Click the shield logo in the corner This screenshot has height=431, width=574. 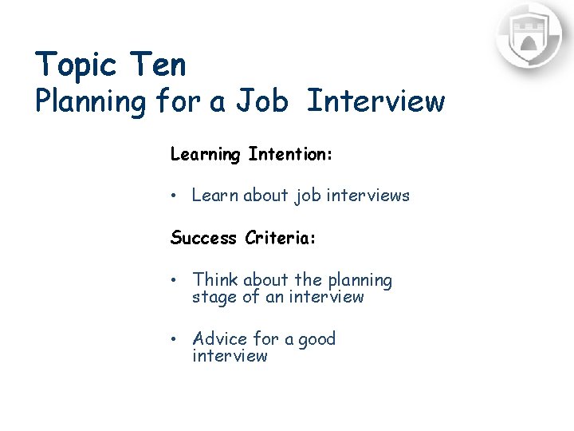[x=529, y=37]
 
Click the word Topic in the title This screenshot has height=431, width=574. [x=77, y=65]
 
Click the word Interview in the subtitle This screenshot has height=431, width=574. [x=375, y=101]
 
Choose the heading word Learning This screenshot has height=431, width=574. [x=205, y=154]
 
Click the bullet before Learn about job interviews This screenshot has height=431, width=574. [x=175, y=196]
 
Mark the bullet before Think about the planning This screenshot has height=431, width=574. [x=175, y=281]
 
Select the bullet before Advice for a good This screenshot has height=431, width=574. [x=175, y=339]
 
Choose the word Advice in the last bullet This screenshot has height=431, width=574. [x=220, y=339]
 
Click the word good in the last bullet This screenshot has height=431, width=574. [x=317, y=339]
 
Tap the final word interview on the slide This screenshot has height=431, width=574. [x=230, y=356]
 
